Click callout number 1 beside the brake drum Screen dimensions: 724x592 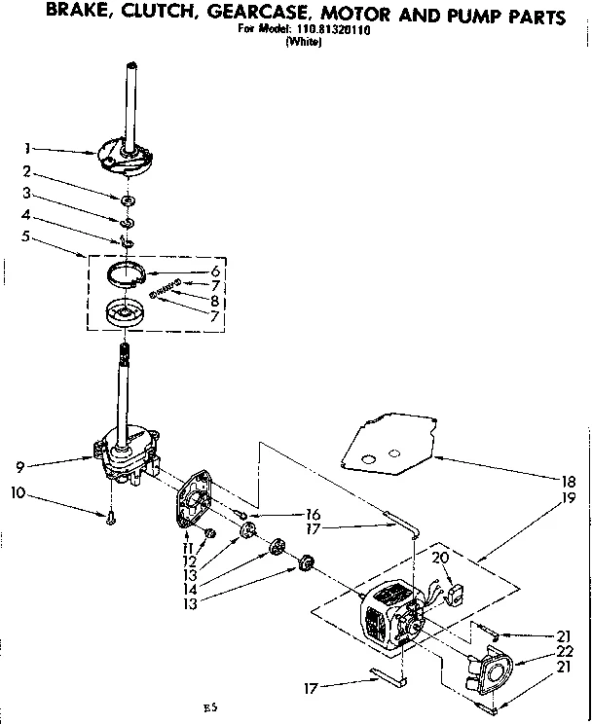click(28, 149)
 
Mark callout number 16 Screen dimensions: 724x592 click(312, 515)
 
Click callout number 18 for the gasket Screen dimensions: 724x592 click(568, 480)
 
